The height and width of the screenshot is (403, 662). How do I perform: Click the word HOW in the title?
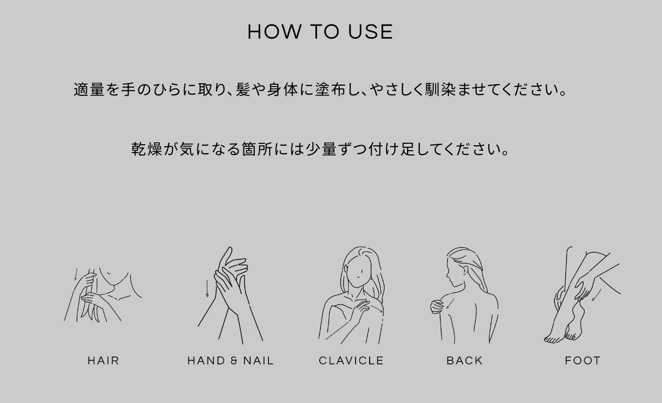(275, 32)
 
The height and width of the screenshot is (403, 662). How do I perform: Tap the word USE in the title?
(371, 32)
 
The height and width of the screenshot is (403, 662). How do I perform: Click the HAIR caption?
(104, 361)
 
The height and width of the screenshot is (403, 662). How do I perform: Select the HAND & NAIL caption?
(230, 361)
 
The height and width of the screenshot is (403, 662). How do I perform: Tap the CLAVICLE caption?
(351, 361)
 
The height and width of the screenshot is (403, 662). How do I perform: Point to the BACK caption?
(464, 361)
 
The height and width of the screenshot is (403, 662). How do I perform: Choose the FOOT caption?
(582, 361)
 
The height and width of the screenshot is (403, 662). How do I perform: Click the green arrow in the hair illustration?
(76, 274)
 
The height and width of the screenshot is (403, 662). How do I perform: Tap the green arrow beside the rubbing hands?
(207, 289)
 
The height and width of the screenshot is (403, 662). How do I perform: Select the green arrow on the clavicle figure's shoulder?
(377, 309)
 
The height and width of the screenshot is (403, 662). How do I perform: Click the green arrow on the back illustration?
(450, 304)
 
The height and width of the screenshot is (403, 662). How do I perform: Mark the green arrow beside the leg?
(596, 295)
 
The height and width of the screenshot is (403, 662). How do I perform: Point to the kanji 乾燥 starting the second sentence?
(147, 149)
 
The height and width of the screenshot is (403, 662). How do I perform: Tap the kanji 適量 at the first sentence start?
(89, 90)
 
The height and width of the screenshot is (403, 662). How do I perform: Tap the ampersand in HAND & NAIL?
(234, 361)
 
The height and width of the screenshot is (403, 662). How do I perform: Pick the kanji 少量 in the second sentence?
(321, 149)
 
